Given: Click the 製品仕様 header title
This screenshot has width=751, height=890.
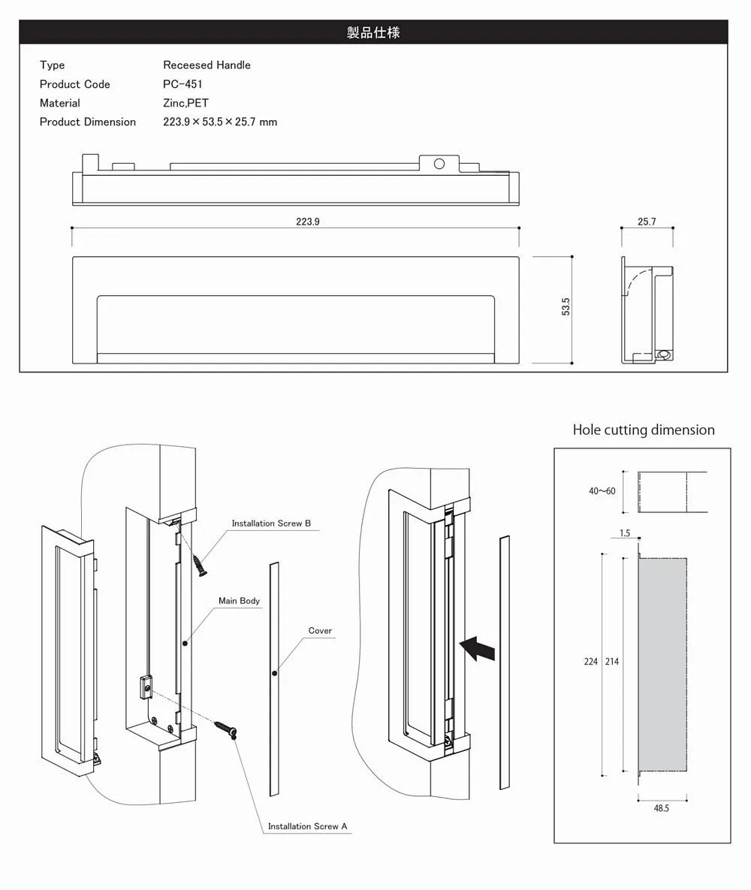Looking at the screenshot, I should (x=373, y=32).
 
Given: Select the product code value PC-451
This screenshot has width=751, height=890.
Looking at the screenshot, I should (x=182, y=84).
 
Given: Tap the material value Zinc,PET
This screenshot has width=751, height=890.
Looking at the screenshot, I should (x=185, y=103).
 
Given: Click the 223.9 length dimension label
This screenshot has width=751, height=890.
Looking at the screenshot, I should (x=307, y=222).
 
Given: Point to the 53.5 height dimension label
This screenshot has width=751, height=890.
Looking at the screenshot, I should (x=566, y=306).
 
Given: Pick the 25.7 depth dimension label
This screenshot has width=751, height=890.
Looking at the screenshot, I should (x=647, y=222).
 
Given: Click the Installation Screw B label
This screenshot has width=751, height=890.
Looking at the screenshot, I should (x=271, y=523).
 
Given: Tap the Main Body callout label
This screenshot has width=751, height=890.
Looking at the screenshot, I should (x=239, y=601).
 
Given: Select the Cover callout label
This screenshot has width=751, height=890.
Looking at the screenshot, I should (x=320, y=631).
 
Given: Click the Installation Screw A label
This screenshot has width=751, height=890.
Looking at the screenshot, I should (x=308, y=826).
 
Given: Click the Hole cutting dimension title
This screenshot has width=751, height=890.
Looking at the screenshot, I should (x=644, y=430).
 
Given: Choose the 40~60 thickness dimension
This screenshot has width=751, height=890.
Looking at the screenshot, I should (x=602, y=491).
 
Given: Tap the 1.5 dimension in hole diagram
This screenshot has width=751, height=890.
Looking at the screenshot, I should (x=625, y=534).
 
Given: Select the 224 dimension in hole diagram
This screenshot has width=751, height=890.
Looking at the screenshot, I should (x=591, y=662).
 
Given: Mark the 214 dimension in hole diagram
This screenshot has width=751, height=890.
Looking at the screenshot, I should (x=611, y=662).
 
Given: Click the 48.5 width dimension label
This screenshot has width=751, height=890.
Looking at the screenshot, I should (x=662, y=808).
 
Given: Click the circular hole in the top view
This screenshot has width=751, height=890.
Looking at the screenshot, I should (x=439, y=164).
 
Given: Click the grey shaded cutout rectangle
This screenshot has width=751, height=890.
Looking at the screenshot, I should (x=662, y=665).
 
